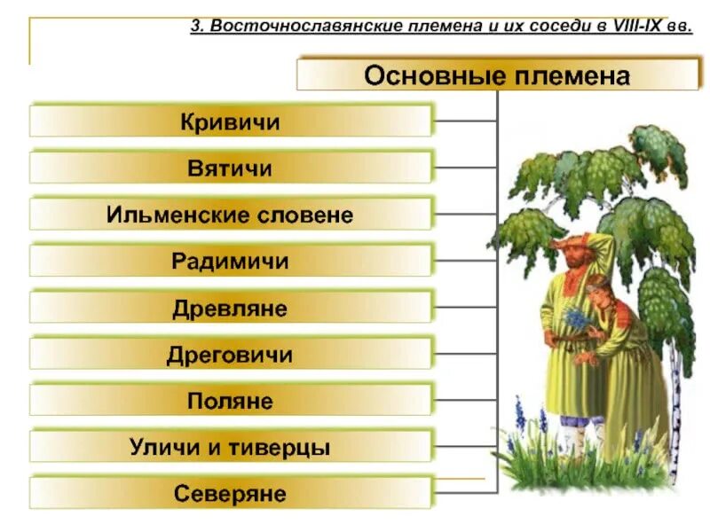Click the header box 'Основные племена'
coord(497,74)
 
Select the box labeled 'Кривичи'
coord(231,121)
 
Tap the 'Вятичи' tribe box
coord(231,168)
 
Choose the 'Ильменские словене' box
coord(231,215)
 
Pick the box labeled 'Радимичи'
coord(231,262)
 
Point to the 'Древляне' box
coord(231,309)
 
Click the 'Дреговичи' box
coord(231,356)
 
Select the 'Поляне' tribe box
coord(231,402)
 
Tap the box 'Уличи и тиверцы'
coord(231,448)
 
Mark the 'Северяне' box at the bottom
coord(231,493)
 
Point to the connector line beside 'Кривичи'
coord(465,121)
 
